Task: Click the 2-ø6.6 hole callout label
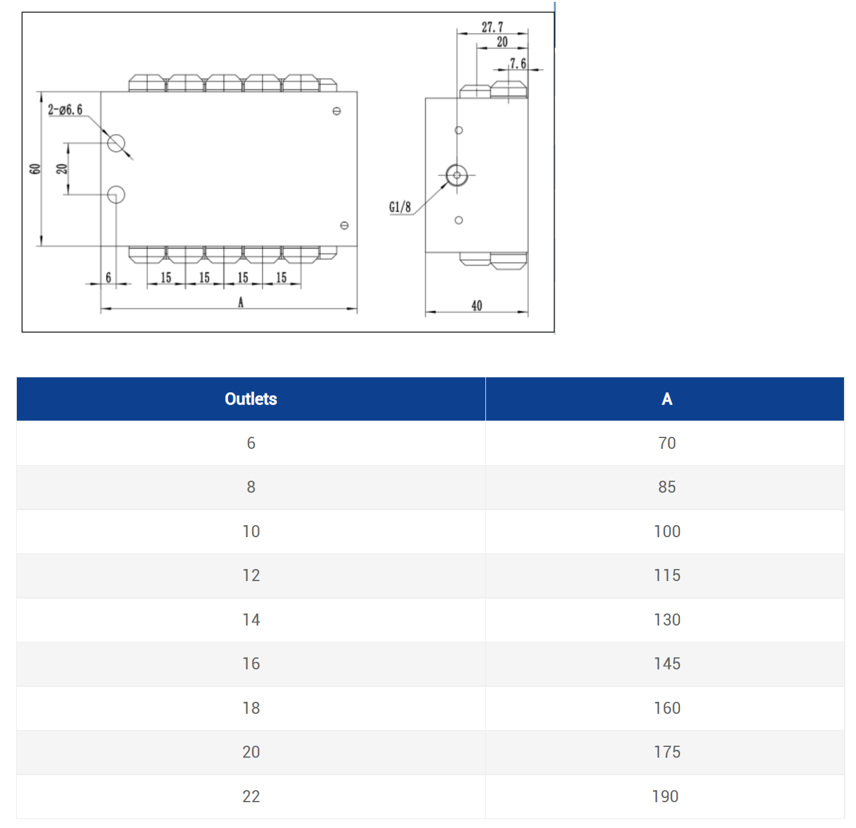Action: click(65, 109)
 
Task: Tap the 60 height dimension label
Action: click(35, 169)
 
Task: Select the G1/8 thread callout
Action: click(400, 207)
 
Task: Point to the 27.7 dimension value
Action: click(492, 27)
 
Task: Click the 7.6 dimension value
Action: click(518, 63)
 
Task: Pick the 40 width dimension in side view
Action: click(476, 306)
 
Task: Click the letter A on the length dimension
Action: click(241, 302)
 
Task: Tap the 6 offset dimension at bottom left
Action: click(109, 278)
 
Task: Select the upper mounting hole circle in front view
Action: click(116, 143)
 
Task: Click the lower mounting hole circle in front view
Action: click(116, 195)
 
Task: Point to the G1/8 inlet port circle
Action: click(457, 175)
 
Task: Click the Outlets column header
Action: click(250, 399)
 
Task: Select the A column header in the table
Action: click(666, 399)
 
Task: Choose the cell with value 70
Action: click(666, 443)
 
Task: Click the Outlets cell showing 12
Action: click(250, 576)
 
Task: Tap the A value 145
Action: click(666, 664)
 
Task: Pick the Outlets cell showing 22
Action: click(250, 797)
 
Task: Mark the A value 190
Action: click(665, 797)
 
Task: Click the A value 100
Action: click(666, 532)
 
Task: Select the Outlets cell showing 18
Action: click(250, 708)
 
